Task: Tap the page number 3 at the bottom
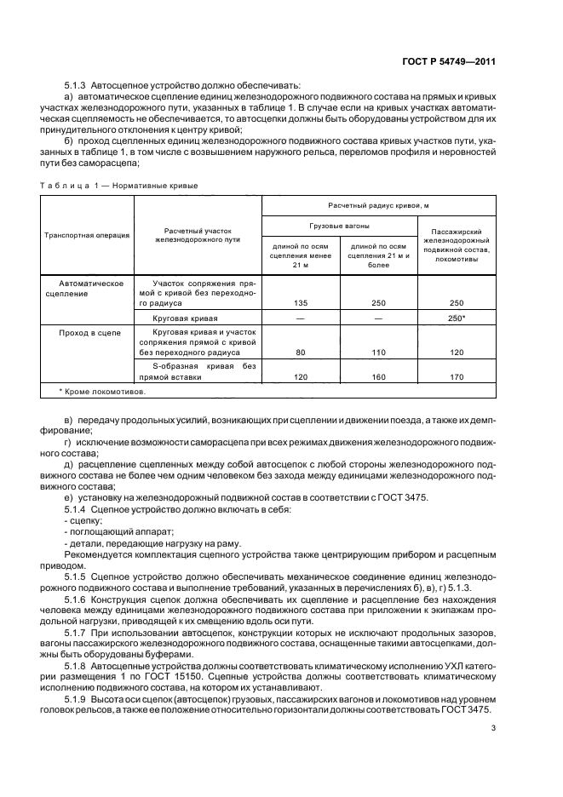[x=493, y=727]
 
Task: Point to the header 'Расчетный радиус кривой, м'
[x=378, y=206]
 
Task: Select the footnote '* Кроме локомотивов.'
[x=102, y=392]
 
